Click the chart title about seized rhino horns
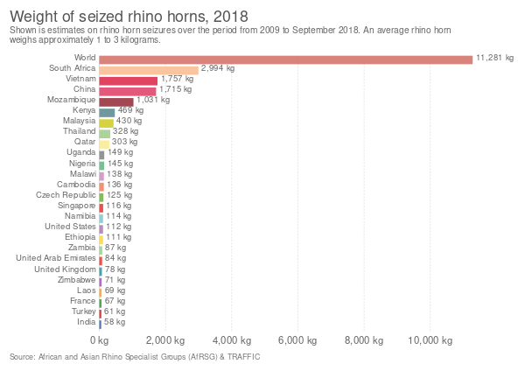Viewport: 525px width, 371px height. click(x=128, y=17)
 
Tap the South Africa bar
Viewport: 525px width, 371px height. click(x=149, y=70)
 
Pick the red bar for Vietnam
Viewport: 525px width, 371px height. click(x=129, y=80)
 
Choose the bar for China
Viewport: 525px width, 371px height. click(x=128, y=91)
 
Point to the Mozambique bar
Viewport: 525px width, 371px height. click(x=116, y=101)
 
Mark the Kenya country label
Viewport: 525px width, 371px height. click(x=85, y=111)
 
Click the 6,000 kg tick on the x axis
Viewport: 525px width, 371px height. click(x=297, y=339)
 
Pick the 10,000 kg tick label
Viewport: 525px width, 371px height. click(x=429, y=339)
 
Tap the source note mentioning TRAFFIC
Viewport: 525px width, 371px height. click(x=135, y=357)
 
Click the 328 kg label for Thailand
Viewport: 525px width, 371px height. click(x=126, y=132)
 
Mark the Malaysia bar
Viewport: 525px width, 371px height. click(x=107, y=122)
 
